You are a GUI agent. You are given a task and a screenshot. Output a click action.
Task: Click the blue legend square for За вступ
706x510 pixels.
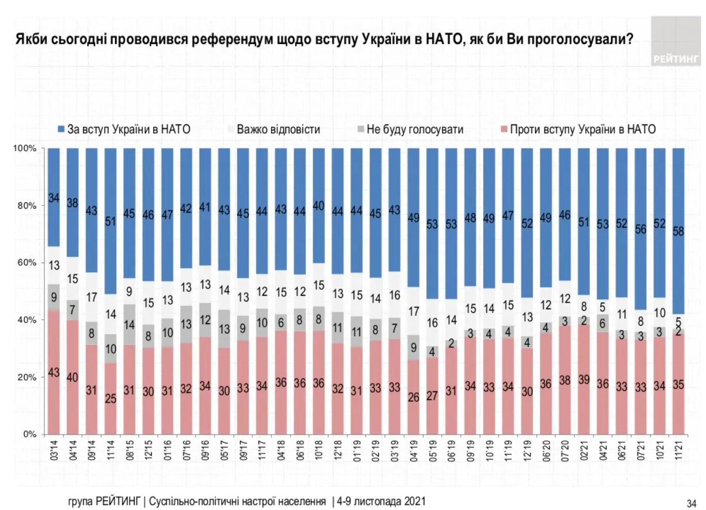[x=61, y=129]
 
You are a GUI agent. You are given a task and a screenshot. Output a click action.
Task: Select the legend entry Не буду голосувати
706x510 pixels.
[x=414, y=129]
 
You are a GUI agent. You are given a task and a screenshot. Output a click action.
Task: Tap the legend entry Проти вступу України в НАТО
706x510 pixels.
[x=582, y=129]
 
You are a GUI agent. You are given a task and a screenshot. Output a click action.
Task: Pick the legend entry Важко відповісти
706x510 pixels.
[x=278, y=129]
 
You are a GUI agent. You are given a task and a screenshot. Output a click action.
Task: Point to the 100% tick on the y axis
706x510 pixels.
[x=25, y=149]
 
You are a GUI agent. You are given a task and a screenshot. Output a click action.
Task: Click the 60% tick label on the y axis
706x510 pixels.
[x=27, y=263]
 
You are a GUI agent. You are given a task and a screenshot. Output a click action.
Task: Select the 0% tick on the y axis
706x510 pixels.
[x=29, y=434]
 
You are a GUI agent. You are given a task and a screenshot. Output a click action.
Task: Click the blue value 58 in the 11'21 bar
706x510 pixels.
[x=678, y=231]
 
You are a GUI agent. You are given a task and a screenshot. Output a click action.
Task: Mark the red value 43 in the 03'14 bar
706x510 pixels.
[x=54, y=372]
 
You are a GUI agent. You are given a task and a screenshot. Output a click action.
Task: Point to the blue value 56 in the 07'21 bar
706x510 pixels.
[x=640, y=229]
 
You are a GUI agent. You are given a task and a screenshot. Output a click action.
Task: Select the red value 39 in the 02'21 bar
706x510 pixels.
[x=584, y=380]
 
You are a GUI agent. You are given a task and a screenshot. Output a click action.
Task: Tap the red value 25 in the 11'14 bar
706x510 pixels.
[x=110, y=399]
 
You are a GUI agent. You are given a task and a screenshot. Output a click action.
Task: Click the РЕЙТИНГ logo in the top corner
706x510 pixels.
[x=675, y=42]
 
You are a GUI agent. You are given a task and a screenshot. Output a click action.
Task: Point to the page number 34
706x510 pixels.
[x=692, y=503]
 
